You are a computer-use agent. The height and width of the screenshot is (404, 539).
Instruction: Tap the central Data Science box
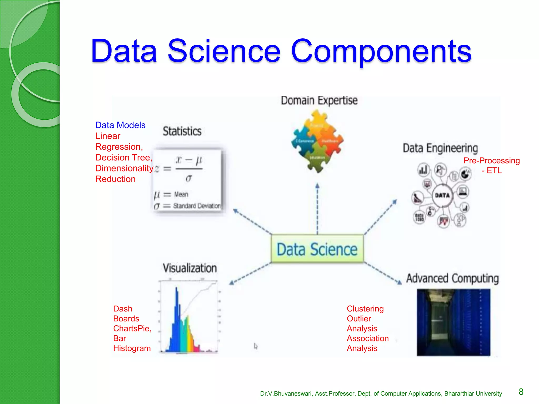pyautogui.click(x=317, y=249)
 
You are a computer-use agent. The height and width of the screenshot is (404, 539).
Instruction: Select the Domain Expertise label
pyautogui.click(x=319, y=100)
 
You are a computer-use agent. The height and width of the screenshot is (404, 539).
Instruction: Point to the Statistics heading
pyautogui.click(x=182, y=131)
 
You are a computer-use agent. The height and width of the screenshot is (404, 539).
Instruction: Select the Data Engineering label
pyautogui.click(x=440, y=148)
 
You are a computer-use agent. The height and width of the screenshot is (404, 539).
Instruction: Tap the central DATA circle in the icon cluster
pyautogui.click(x=442, y=195)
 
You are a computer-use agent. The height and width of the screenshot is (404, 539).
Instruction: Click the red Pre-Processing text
pyautogui.click(x=491, y=161)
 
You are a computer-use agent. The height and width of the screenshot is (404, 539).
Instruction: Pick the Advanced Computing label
pyautogui.click(x=452, y=278)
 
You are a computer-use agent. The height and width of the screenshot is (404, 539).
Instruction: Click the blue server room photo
pyautogui.click(x=453, y=322)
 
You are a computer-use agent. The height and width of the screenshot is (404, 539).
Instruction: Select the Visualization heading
pyautogui.click(x=189, y=268)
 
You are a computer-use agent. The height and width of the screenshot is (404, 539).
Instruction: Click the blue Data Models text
pyautogui.click(x=120, y=125)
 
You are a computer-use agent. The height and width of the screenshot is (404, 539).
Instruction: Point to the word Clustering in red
pyautogui.click(x=365, y=309)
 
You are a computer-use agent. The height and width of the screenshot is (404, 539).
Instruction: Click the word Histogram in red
pyautogui.click(x=132, y=348)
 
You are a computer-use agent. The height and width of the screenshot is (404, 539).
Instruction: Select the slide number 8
pyautogui.click(x=521, y=392)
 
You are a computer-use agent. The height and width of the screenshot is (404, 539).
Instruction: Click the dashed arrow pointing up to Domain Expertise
pyautogui.click(x=317, y=208)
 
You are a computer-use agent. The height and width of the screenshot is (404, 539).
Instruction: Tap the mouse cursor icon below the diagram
pyautogui.click(x=256, y=346)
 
